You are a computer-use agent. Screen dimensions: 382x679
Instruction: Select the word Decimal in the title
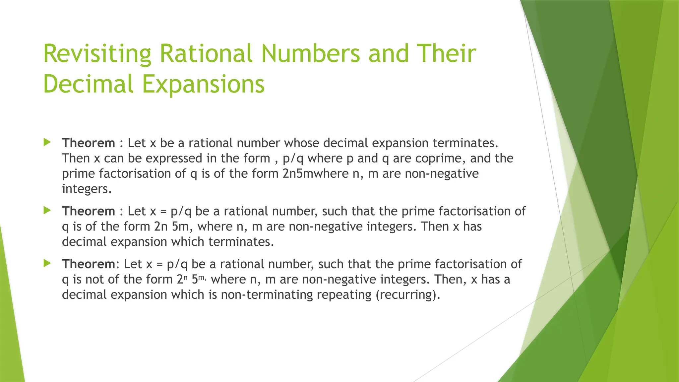pyautogui.click(x=88, y=84)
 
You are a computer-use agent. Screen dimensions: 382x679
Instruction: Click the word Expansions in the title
pyautogui.click(x=203, y=84)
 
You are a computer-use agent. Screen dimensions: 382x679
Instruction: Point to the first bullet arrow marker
pyautogui.click(x=47, y=143)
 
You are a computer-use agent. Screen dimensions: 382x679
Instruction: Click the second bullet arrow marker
pyautogui.click(x=47, y=211)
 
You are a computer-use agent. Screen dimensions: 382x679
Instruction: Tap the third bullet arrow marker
pyautogui.click(x=47, y=264)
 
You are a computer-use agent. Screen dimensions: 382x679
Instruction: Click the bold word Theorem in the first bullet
pyautogui.click(x=89, y=143)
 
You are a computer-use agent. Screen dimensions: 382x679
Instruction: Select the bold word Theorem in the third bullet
pyautogui.click(x=89, y=264)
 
